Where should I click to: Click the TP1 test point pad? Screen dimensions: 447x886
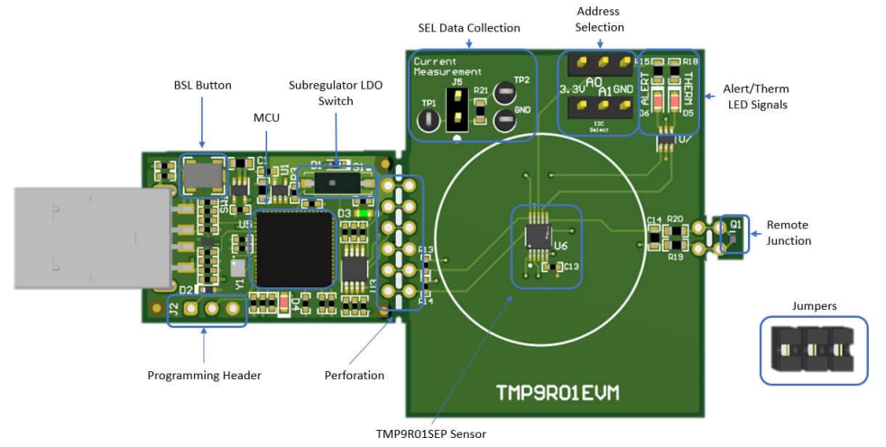coord(429,118)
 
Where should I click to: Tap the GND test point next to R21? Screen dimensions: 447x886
coord(505,119)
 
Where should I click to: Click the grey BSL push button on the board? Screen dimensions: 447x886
coord(203,174)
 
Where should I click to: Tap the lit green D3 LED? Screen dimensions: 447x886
coord(362,213)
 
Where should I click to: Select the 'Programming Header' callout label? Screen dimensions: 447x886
coord(204,375)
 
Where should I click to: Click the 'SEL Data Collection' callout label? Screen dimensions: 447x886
coord(468,28)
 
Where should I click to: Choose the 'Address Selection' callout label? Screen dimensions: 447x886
coord(599,19)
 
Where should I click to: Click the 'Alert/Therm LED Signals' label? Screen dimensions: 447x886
coord(758,97)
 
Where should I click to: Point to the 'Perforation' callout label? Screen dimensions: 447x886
coord(355,375)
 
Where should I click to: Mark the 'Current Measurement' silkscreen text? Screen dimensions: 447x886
coord(448,66)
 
